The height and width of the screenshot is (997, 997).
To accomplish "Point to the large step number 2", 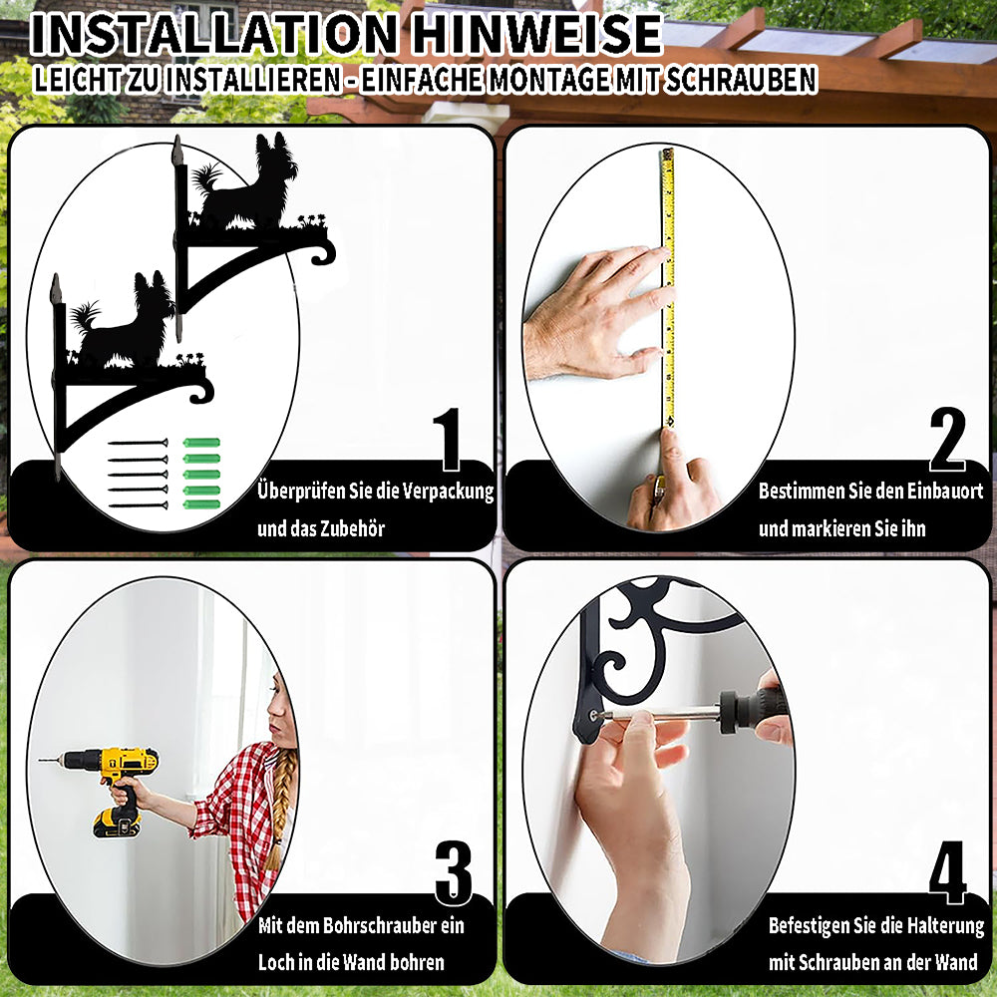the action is [947, 440].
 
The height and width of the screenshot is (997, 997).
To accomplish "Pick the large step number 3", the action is [454, 873].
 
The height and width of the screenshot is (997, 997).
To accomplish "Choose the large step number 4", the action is [948, 873].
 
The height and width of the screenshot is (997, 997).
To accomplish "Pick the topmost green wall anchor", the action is [201, 443].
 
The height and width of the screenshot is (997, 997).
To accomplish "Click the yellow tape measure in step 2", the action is [668, 287].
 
